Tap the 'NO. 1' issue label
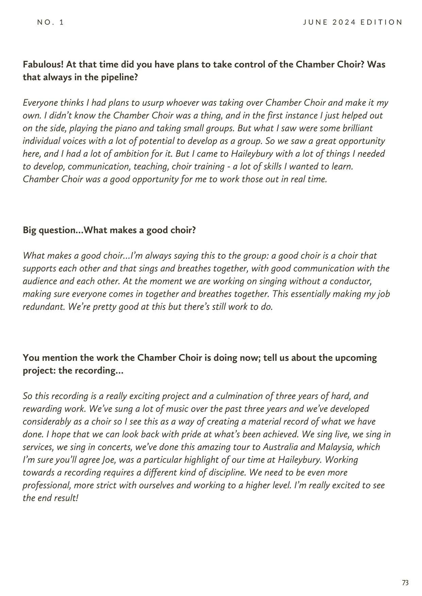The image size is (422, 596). [x=50, y=22]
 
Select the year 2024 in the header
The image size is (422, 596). [x=343, y=22]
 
